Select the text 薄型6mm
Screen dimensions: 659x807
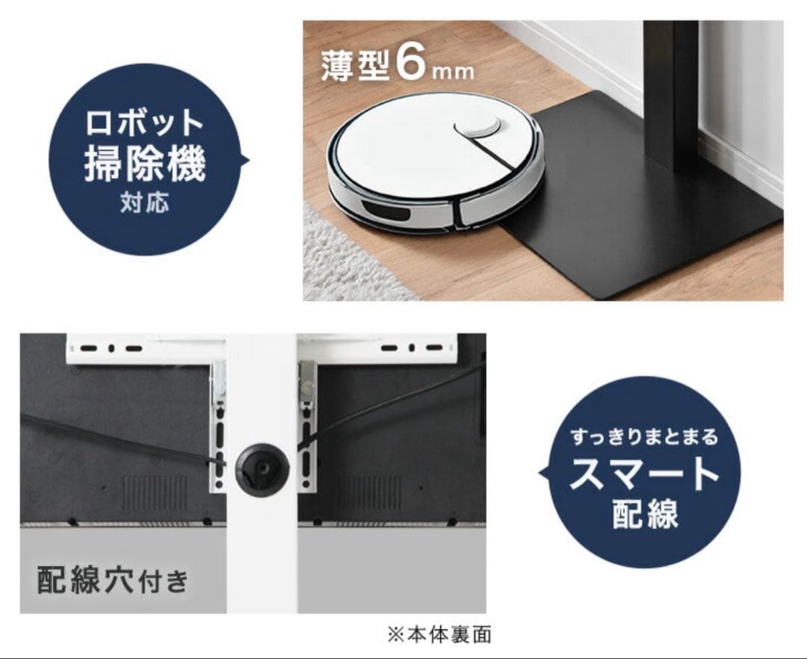tap(397, 66)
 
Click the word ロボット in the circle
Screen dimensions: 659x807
tap(144, 123)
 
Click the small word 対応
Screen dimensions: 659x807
tap(144, 202)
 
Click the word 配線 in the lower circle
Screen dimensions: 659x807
tap(644, 514)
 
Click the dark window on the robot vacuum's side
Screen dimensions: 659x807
tap(384, 212)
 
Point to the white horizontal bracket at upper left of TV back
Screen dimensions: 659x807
tap(142, 347)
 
